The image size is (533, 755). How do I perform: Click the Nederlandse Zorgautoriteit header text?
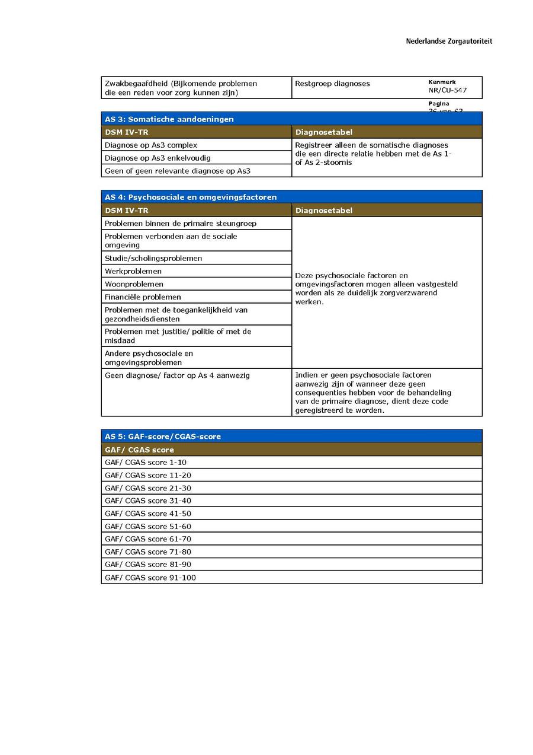(x=448, y=42)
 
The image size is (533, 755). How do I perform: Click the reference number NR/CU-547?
(x=447, y=91)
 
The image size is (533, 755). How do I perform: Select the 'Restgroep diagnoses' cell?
(x=332, y=84)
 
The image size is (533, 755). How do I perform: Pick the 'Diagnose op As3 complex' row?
(x=151, y=145)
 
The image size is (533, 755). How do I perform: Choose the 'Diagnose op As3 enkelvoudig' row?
(x=158, y=158)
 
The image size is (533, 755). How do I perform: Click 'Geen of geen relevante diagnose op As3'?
(x=178, y=171)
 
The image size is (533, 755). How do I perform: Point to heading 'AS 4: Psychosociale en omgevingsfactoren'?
(x=191, y=197)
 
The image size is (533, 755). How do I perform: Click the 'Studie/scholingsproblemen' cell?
(x=153, y=259)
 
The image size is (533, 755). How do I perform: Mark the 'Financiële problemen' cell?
(x=143, y=297)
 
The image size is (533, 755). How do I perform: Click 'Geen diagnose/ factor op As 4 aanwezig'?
(x=177, y=375)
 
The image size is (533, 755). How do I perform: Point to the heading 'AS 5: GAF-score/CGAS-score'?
(x=163, y=437)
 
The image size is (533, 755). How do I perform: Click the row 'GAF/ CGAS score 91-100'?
(x=150, y=578)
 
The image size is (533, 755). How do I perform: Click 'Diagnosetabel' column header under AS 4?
(x=324, y=211)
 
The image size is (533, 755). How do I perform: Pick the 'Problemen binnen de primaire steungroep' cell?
(x=181, y=224)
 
